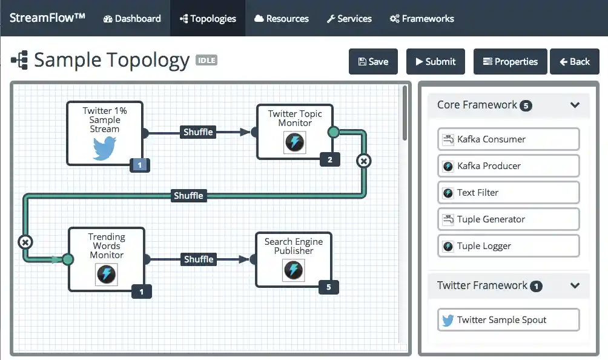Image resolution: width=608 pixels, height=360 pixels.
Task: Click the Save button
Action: point(373,62)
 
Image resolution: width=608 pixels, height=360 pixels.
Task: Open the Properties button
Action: point(510,62)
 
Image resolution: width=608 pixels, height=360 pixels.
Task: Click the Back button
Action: point(574,62)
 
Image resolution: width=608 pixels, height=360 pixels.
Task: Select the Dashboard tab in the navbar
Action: point(132,18)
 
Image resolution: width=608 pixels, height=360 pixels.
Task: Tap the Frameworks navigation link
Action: point(421,18)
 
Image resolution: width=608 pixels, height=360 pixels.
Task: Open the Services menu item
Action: point(349,18)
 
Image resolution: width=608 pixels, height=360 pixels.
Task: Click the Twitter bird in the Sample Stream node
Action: point(104,148)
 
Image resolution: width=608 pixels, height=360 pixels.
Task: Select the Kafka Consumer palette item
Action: point(508,139)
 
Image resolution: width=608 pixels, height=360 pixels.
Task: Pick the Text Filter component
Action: point(508,193)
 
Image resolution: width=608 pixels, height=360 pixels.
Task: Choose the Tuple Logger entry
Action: point(508,246)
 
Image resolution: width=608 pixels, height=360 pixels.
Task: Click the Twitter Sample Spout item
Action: point(508,320)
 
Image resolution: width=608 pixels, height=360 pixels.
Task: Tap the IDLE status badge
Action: point(206,61)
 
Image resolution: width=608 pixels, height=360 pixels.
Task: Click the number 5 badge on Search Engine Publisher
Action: point(329,287)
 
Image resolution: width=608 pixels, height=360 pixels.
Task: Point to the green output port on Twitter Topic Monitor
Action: point(333,132)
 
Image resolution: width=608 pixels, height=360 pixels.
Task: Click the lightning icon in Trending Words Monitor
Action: point(106,274)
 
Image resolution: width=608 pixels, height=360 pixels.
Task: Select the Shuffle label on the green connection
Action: point(188,196)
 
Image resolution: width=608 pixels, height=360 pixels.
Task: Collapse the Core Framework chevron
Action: point(575,105)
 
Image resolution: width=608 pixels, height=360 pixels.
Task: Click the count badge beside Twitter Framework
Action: point(536,286)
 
